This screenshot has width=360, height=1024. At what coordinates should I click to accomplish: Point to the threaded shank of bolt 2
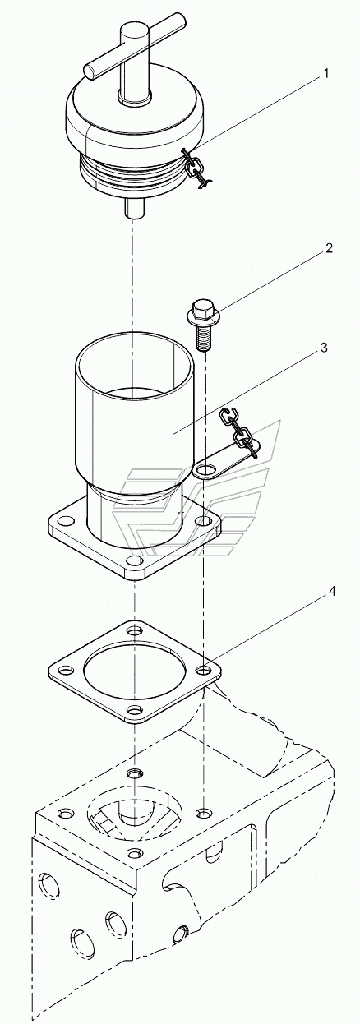point(201,336)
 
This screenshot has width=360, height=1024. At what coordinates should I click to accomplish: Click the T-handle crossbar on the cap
point(134,46)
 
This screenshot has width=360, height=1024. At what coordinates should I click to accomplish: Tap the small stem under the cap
point(134,208)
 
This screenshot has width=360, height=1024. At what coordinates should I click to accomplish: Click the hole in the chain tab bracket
point(205,469)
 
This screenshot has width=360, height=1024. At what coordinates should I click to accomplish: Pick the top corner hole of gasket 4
point(135,631)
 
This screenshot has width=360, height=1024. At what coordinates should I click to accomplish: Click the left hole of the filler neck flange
point(67,519)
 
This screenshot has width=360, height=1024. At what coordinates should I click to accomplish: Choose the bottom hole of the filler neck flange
point(134,560)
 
